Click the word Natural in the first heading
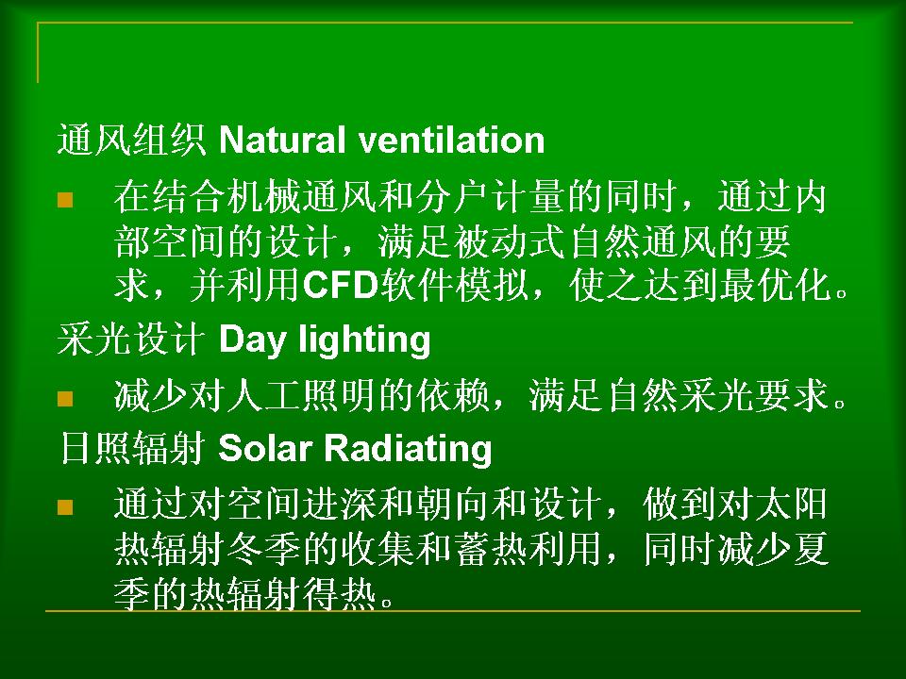(283, 140)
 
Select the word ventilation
(452, 140)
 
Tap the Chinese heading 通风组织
(132, 140)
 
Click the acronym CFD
(341, 285)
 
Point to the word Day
(253, 340)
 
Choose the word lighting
(364, 340)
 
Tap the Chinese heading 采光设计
(132, 339)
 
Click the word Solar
(265, 449)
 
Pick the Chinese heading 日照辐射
(132, 449)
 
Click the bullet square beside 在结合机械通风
(65, 200)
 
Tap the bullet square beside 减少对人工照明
(65, 398)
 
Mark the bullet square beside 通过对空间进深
(65, 507)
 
